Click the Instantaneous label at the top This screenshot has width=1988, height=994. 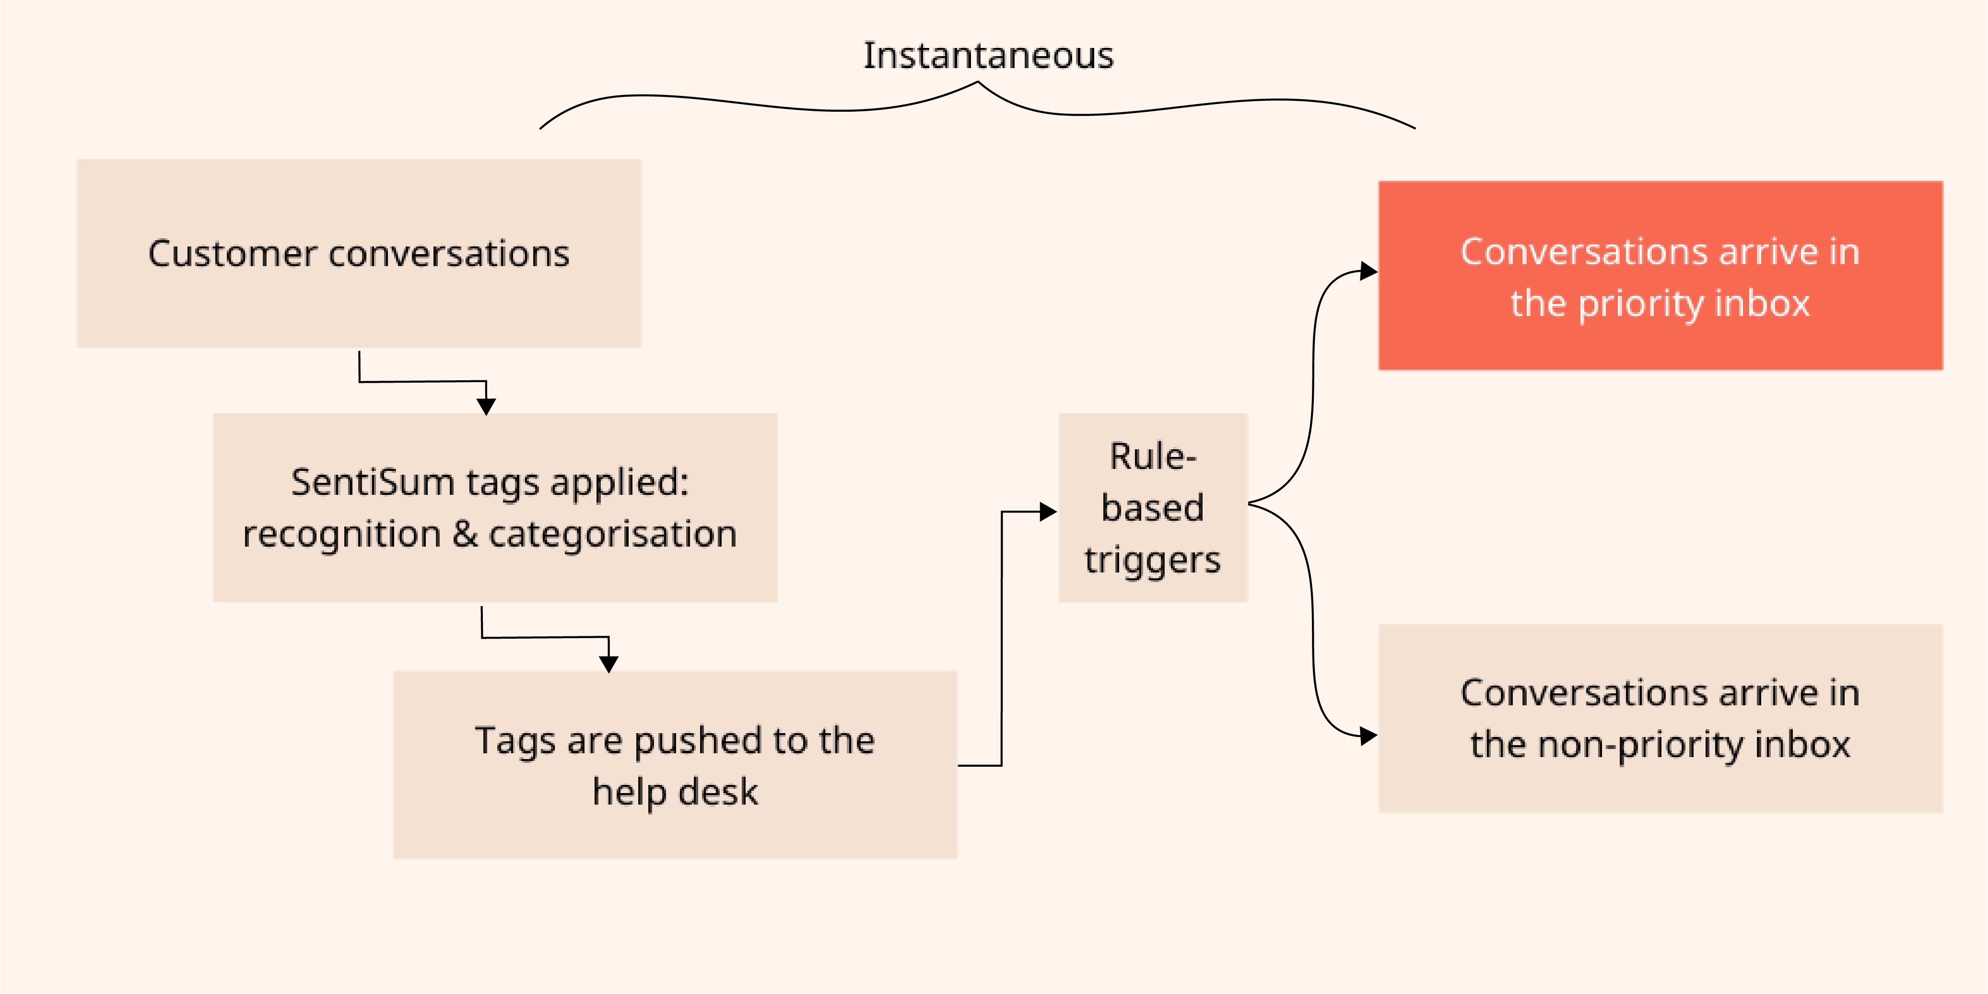pyautogui.click(x=988, y=56)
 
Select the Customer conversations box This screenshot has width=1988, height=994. pyautogui.click(x=359, y=253)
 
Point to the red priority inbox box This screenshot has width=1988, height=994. pyautogui.click(x=1660, y=276)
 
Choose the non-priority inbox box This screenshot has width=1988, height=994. pyautogui.click(x=1660, y=718)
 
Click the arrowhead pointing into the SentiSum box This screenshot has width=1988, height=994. pyautogui.click(x=486, y=406)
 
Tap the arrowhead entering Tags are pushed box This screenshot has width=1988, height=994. pyautogui.click(x=609, y=663)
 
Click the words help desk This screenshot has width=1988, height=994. pyautogui.click(x=675, y=792)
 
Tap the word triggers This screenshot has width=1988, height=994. pyautogui.click(x=1152, y=560)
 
